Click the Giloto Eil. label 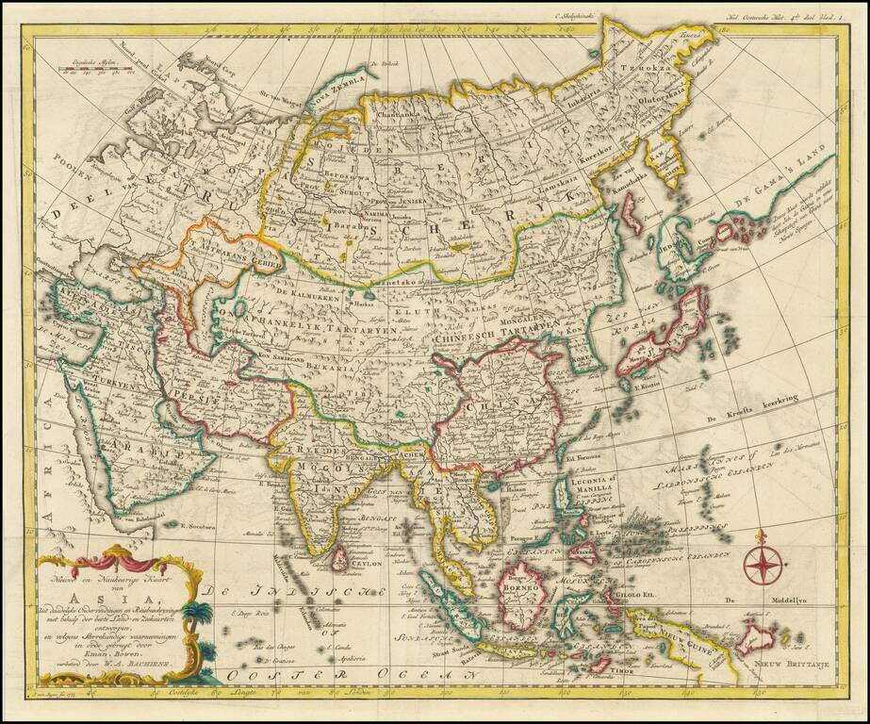pos(635,595)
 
